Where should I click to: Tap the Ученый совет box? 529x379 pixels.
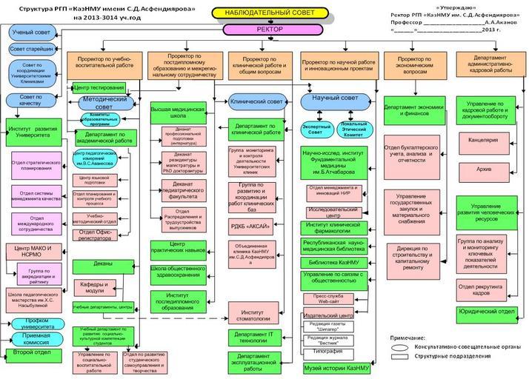(30, 33)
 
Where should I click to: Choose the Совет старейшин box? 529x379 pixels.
(30, 49)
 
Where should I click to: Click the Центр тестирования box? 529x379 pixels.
(99, 87)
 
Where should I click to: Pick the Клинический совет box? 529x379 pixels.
(256, 101)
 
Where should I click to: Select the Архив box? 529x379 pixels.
(484, 170)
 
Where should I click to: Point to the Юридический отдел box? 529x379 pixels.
(486, 312)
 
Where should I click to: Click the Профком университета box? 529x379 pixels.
(32, 323)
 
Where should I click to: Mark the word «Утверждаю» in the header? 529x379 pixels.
(451, 6)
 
